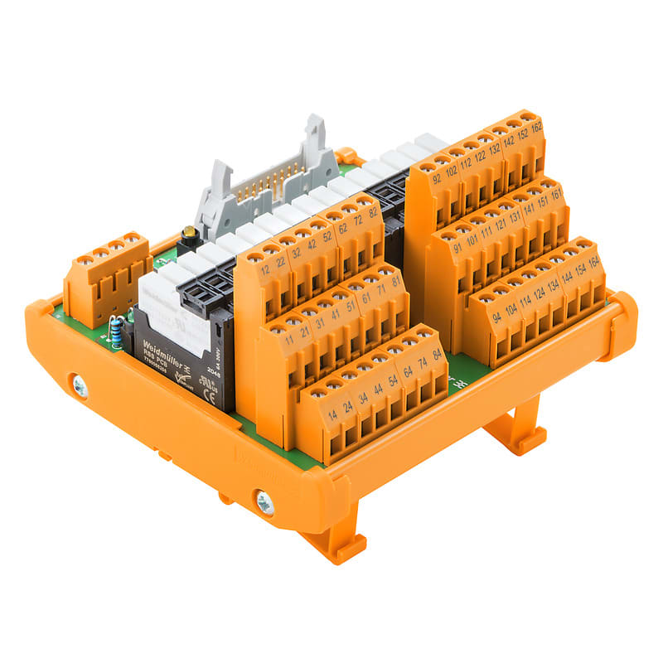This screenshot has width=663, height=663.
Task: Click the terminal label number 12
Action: [264, 271]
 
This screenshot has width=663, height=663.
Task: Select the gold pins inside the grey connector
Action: [264, 187]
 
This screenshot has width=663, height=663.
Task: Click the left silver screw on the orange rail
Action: [80, 385]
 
